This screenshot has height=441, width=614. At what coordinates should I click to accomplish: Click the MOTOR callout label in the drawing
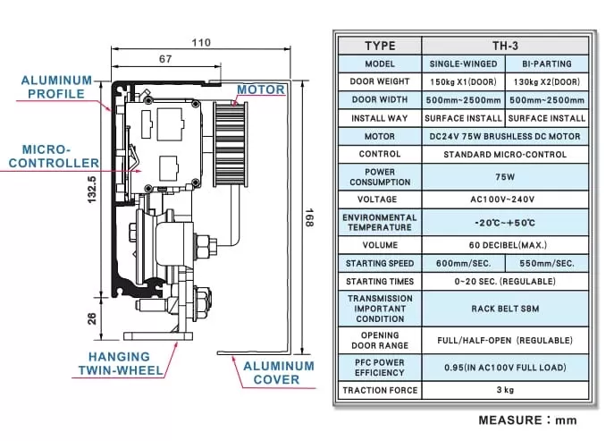tap(261, 89)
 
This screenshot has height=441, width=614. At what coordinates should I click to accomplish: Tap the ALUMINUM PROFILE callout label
tap(56, 87)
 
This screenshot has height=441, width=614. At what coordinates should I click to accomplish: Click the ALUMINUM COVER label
tap(279, 372)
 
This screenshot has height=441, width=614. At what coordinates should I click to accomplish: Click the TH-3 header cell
tap(505, 46)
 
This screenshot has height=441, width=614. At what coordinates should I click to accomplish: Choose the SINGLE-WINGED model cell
tap(463, 64)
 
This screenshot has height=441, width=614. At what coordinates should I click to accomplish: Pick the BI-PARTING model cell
tap(547, 64)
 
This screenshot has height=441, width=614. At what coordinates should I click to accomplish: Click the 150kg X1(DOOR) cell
tap(463, 82)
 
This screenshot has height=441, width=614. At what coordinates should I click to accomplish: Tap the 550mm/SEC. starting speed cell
tap(547, 263)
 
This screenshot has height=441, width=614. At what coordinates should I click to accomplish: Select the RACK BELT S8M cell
tap(505, 309)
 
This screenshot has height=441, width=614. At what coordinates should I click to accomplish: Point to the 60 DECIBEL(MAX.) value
tap(505, 244)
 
